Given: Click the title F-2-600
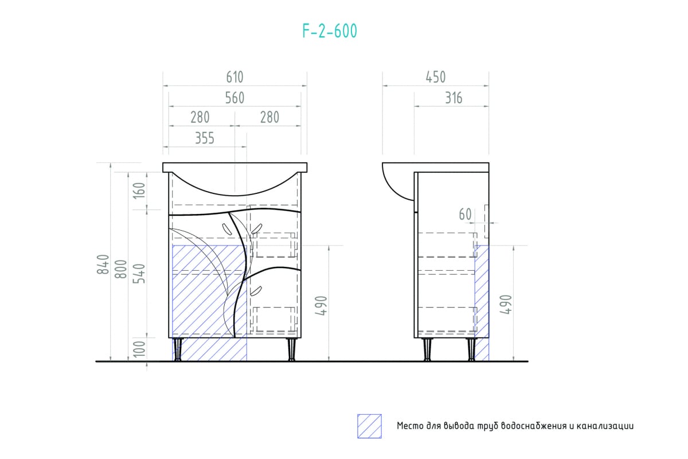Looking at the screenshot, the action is coord(330,31).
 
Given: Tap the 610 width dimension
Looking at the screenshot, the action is coord(234,77).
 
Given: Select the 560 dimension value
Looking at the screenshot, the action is coord(234,98).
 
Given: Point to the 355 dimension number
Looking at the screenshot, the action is coord(205,138).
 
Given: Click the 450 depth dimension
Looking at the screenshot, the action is coord(435,77).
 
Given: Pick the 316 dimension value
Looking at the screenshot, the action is coord(454,98).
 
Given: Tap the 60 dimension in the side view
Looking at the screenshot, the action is coord(465,214).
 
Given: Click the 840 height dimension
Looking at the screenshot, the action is coord(103,264).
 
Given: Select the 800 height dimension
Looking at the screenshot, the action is coord(121,269).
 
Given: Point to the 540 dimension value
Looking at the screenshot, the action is coord(139,273).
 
